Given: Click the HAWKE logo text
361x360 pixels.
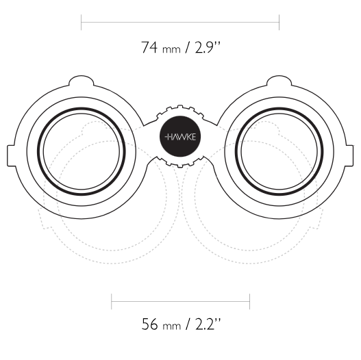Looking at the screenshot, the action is coord(180,138).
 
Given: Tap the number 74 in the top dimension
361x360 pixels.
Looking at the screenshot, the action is coord(149,47).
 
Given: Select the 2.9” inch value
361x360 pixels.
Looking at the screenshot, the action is coord(208,47).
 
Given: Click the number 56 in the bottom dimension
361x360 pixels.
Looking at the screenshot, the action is coord(149,324).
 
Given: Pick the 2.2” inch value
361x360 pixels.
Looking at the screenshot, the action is coord(208,324).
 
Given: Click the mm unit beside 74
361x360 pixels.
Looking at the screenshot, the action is coord(171,50).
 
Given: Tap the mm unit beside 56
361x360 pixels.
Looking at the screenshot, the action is coord(171,326).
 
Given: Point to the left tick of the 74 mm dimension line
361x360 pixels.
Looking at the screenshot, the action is coord(82,23).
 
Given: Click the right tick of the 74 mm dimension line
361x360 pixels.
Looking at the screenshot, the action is coord(279,23).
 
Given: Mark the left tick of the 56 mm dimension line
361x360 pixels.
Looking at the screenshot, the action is coord(112,302).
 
